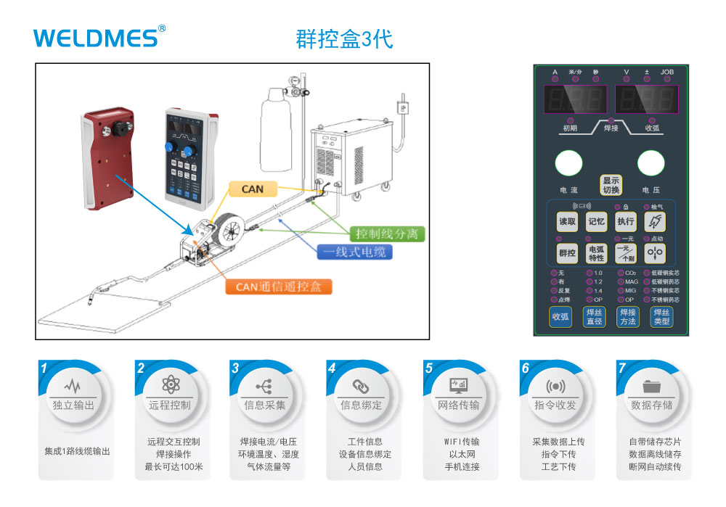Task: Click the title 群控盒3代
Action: [x=344, y=38]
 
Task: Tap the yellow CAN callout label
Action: [x=253, y=189]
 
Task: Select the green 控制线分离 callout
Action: [x=386, y=234]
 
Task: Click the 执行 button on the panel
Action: [x=625, y=221]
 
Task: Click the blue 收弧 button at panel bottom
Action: [x=560, y=317]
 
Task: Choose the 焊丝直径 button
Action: [x=594, y=317]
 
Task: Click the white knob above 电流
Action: [x=568, y=164]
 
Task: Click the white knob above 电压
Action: [x=651, y=164]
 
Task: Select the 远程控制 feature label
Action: [x=170, y=405]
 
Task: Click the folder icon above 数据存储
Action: [x=651, y=385]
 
